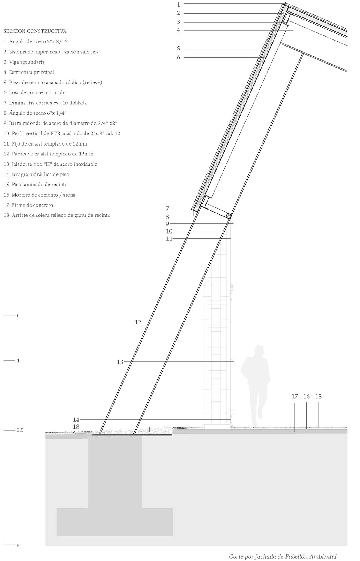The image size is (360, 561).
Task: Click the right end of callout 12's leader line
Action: coord(231,322)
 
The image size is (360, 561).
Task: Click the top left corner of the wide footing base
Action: coord(57,508)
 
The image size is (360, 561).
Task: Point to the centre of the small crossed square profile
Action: coord(229,216)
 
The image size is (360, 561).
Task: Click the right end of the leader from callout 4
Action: coord(293,30)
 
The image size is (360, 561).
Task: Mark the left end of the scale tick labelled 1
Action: coord(4,360)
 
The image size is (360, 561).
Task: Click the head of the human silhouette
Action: coord(259,351)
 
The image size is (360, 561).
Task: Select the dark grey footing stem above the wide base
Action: coord(115,472)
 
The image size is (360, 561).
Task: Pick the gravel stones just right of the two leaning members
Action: coord(161,430)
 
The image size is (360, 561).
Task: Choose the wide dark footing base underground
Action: coord(115,522)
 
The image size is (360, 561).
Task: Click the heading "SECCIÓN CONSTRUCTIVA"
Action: coord(35,31)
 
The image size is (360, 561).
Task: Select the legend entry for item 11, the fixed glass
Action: coord(45,144)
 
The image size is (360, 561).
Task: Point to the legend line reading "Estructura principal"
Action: coord(29,72)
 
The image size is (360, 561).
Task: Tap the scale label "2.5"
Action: coord(20,430)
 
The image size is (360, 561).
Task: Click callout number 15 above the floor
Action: coord(319,397)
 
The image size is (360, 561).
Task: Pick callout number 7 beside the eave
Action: coord(167,209)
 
